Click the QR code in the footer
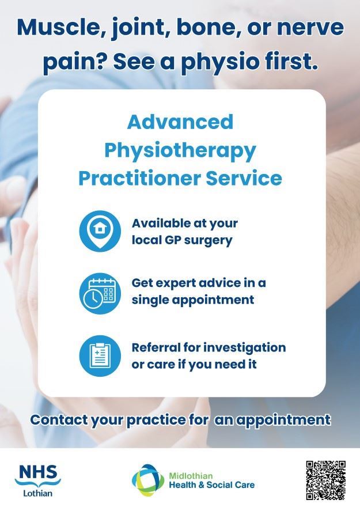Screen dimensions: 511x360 point(325,480)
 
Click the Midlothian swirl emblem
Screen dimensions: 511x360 point(148,479)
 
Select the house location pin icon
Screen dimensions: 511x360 point(101,230)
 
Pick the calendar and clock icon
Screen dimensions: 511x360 point(101,292)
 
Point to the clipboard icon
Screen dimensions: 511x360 point(101,355)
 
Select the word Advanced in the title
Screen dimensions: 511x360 point(180,122)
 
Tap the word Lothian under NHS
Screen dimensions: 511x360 point(37,493)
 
